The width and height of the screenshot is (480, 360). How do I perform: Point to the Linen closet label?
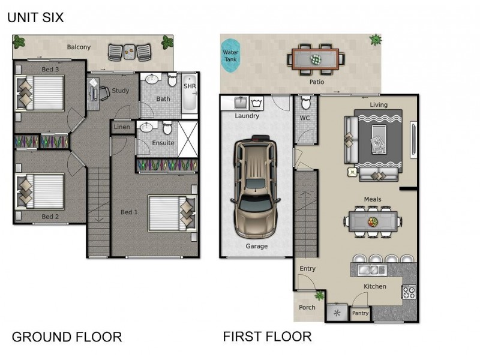pos(121,127)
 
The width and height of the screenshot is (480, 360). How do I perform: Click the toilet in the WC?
pos(305,103)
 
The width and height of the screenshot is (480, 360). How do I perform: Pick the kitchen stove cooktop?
pos(409,292)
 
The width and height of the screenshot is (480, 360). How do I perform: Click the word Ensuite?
pos(163,143)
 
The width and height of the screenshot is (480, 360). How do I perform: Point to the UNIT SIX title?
pos(35,18)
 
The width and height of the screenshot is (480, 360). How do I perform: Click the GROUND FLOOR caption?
pos(67,337)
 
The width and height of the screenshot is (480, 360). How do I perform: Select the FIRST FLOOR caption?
pos(267,336)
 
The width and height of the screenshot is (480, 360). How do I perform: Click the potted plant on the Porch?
pos(320,295)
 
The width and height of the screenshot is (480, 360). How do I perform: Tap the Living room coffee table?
pos(379,138)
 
